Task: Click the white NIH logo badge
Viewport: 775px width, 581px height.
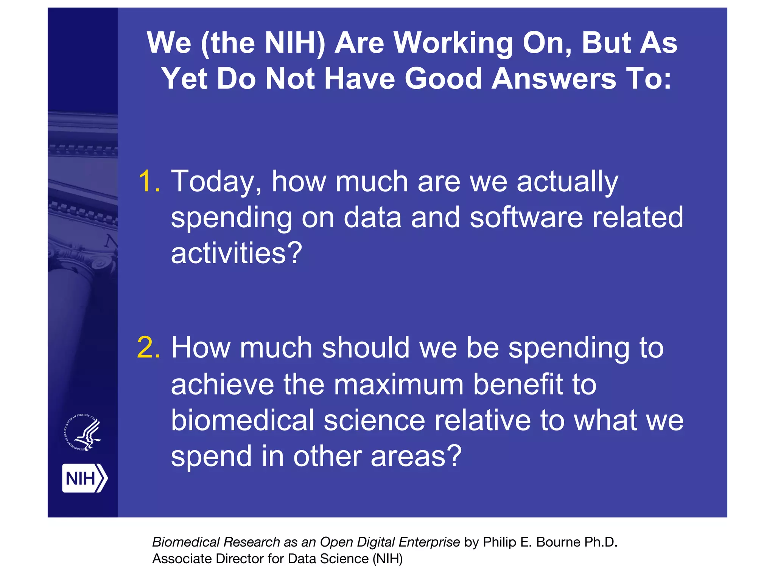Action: (84, 478)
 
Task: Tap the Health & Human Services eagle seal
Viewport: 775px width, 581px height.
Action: (83, 433)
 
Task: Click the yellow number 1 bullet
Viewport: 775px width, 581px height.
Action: (149, 181)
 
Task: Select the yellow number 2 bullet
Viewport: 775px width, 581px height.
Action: (149, 347)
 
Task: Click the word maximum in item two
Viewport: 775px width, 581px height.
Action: (398, 384)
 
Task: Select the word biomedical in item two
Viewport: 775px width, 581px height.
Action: (242, 420)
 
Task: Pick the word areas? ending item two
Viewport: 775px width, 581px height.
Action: (416, 456)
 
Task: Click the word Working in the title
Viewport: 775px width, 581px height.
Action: (453, 43)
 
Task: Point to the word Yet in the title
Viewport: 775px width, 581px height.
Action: (184, 79)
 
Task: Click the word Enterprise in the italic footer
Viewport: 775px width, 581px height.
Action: (429, 542)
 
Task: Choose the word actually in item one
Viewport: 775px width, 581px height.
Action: (567, 182)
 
